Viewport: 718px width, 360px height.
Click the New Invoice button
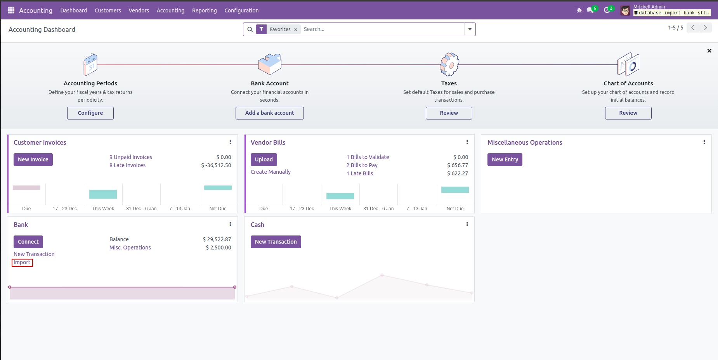coord(33,159)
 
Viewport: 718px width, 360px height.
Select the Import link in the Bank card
coord(22,263)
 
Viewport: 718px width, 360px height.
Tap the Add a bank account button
coord(269,113)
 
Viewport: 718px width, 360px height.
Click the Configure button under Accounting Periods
coord(90,113)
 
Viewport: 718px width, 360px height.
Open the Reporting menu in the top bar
coord(204,10)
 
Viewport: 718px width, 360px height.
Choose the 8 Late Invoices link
coord(127,165)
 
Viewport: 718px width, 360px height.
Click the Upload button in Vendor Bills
coord(264,159)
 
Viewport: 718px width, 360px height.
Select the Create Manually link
coord(271,172)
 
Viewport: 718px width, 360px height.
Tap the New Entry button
coord(505,159)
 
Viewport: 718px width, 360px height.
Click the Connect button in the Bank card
coord(28,242)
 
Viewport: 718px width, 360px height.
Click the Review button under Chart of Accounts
coord(628,113)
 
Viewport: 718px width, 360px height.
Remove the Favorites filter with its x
coord(296,29)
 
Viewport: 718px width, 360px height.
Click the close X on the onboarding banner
coord(709,51)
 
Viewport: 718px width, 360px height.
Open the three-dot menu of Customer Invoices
coord(230,142)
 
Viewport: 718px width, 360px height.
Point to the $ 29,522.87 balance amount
coord(217,239)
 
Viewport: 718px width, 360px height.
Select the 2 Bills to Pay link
coord(362,165)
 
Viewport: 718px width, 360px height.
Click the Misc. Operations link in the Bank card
coord(130,247)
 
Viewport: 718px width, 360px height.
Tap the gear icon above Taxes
coord(449,64)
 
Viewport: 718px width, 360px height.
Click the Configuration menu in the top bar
coord(241,10)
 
